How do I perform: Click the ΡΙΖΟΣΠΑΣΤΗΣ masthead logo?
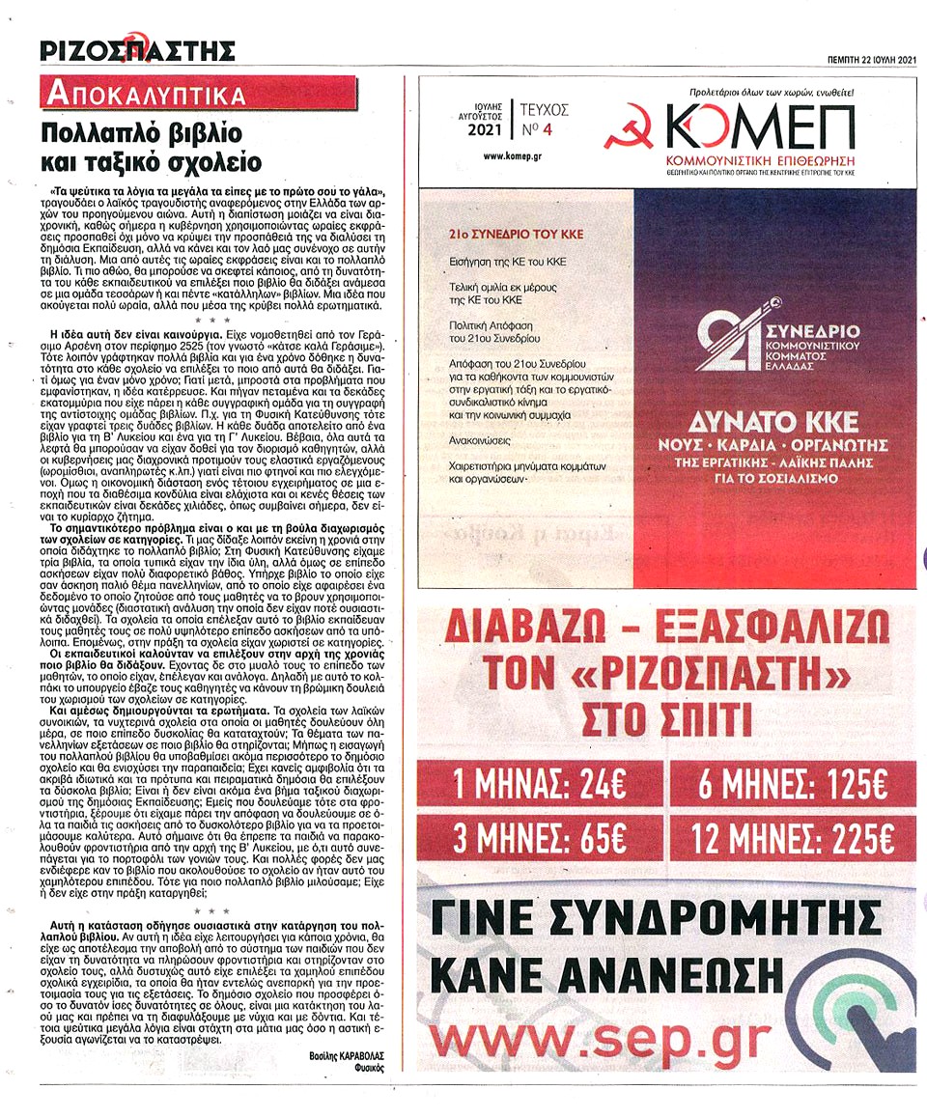(136, 48)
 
